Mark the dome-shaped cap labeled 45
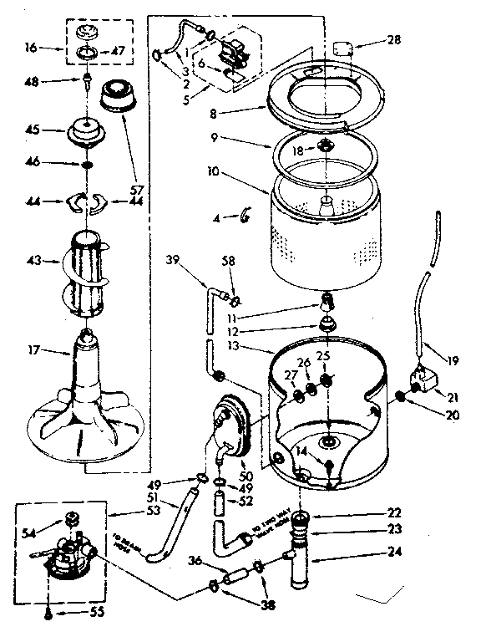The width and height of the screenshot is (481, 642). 81,130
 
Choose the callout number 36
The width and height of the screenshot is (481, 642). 195,561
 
